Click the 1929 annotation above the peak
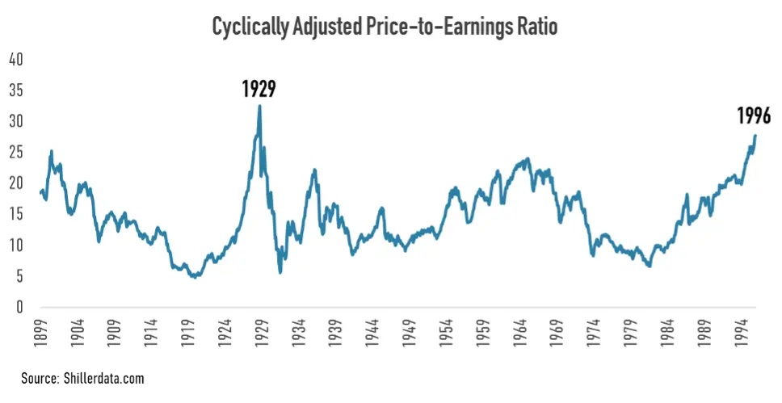(x=259, y=89)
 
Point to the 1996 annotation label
(x=755, y=115)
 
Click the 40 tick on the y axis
(x=15, y=60)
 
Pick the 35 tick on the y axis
(x=15, y=90)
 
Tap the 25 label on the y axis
(x=15, y=153)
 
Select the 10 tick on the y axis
(x=15, y=246)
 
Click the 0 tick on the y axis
(x=19, y=308)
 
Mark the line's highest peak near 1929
(x=259, y=106)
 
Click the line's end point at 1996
(x=755, y=136)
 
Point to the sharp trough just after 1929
(x=280, y=272)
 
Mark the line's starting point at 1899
(x=40, y=192)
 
